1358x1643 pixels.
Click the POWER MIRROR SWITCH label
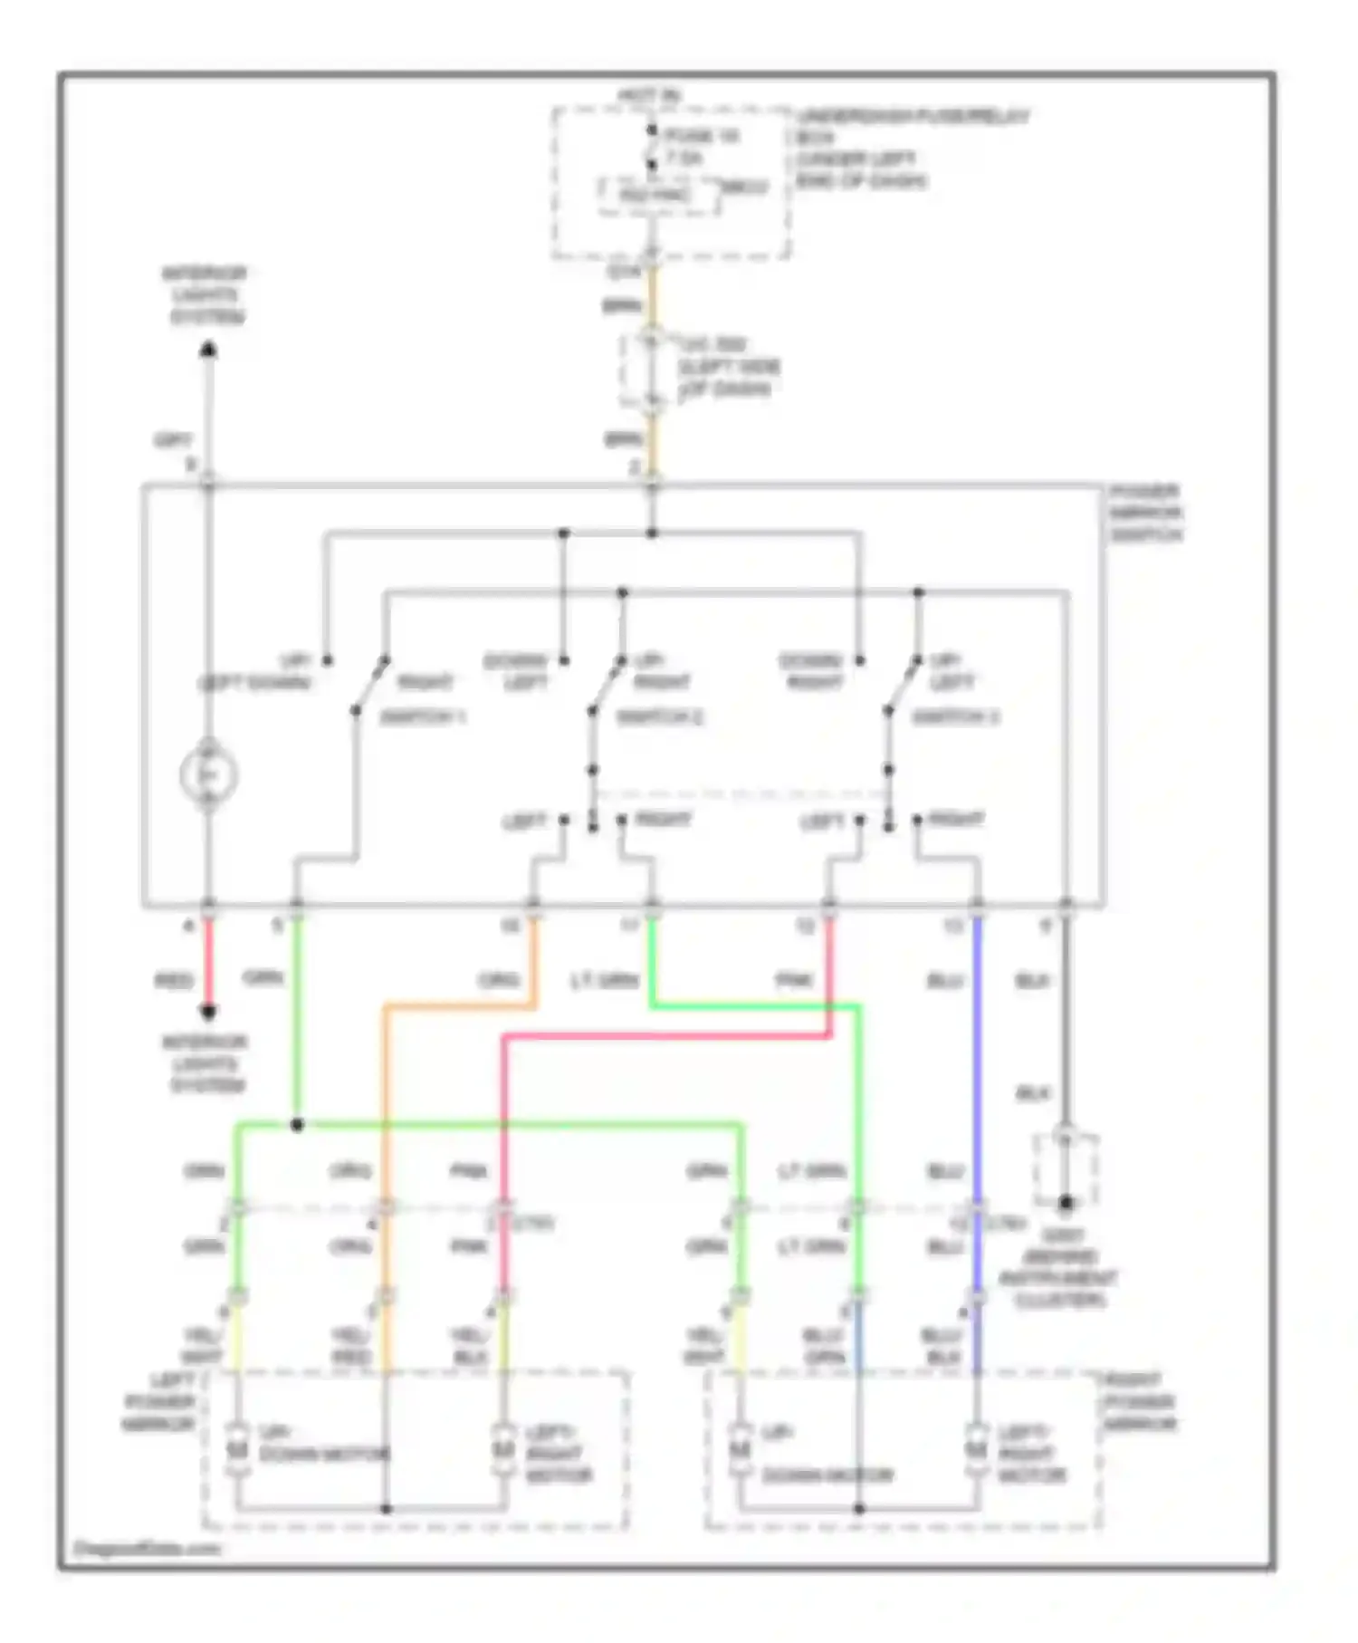point(1145,513)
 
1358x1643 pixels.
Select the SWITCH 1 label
point(422,717)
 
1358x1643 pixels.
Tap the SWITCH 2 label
point(660,717)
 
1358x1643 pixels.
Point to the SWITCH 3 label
point(955,717)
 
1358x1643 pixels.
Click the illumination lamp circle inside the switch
point(208,775)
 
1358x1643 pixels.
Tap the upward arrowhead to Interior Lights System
point(208,350)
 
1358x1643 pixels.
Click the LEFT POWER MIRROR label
point(161,1402)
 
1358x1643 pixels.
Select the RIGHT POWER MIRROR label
point(1139,1402)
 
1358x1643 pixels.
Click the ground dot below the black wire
point(1066,1204)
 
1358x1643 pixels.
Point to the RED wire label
point(174,981)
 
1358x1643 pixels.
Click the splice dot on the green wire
point(297,1125)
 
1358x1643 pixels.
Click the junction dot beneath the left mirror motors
point(386,1509)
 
